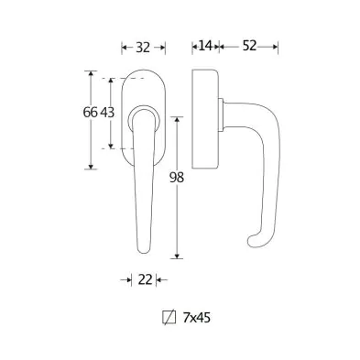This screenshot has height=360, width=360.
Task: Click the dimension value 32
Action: (x=143, y=48)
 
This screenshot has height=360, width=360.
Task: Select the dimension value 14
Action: (x=205, y=46)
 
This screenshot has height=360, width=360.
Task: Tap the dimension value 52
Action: (x=249, y=46)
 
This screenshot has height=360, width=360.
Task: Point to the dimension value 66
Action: (x=90, y=113)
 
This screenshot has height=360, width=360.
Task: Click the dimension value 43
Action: (x=107, y=113)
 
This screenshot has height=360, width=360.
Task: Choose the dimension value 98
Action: (x=177, y=178)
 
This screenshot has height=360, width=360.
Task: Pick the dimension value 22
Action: (x=145, y=279)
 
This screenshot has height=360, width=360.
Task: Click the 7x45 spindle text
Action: (x=197, y=318)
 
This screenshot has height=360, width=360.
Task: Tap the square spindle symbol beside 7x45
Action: (x=169, y=317)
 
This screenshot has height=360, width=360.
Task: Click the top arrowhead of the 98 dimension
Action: (x=177, y=120)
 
